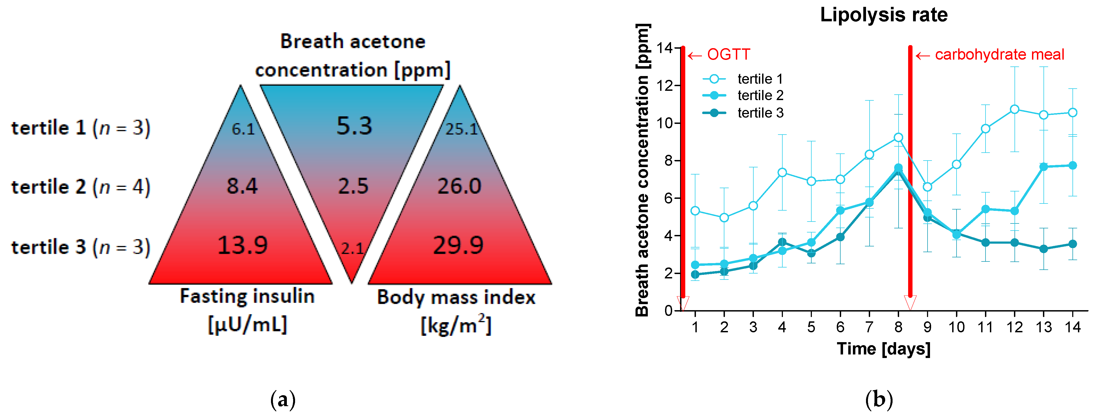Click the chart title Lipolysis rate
pyautogui.click(x=884, y=15)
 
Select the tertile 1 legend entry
pyautogui.click(x=760, y=79)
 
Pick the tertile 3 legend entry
pyautogui.click(x=760, y=113)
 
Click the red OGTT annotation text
pyautogui.click(x=728, y=55)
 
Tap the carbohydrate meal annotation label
pyautogui.click(x=999, y=55)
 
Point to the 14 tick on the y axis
pyautogui.click(x=664, y=48)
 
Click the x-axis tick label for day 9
pyautogui.click(x=927, y=327)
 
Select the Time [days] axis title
pyautogui.click(x=883, y=349)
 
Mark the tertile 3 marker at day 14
pyautogui.click(x=1072, y=244)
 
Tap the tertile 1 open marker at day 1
pyautogui.click(x=695, y=211)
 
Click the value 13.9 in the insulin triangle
pyautogui.click(x=242, y=245)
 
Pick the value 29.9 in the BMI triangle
pyautogui.click(x=458, y=245)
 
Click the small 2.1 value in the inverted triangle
pyautogui.click(x=352, y=248)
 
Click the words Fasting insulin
pyautogui.click(x=247, y=296)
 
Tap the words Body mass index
pyautogui.click(x=456, y=297)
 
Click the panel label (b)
pyautogui.click(x=879, y=400)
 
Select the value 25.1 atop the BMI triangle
pyautogui.click(x=461, y=129)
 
